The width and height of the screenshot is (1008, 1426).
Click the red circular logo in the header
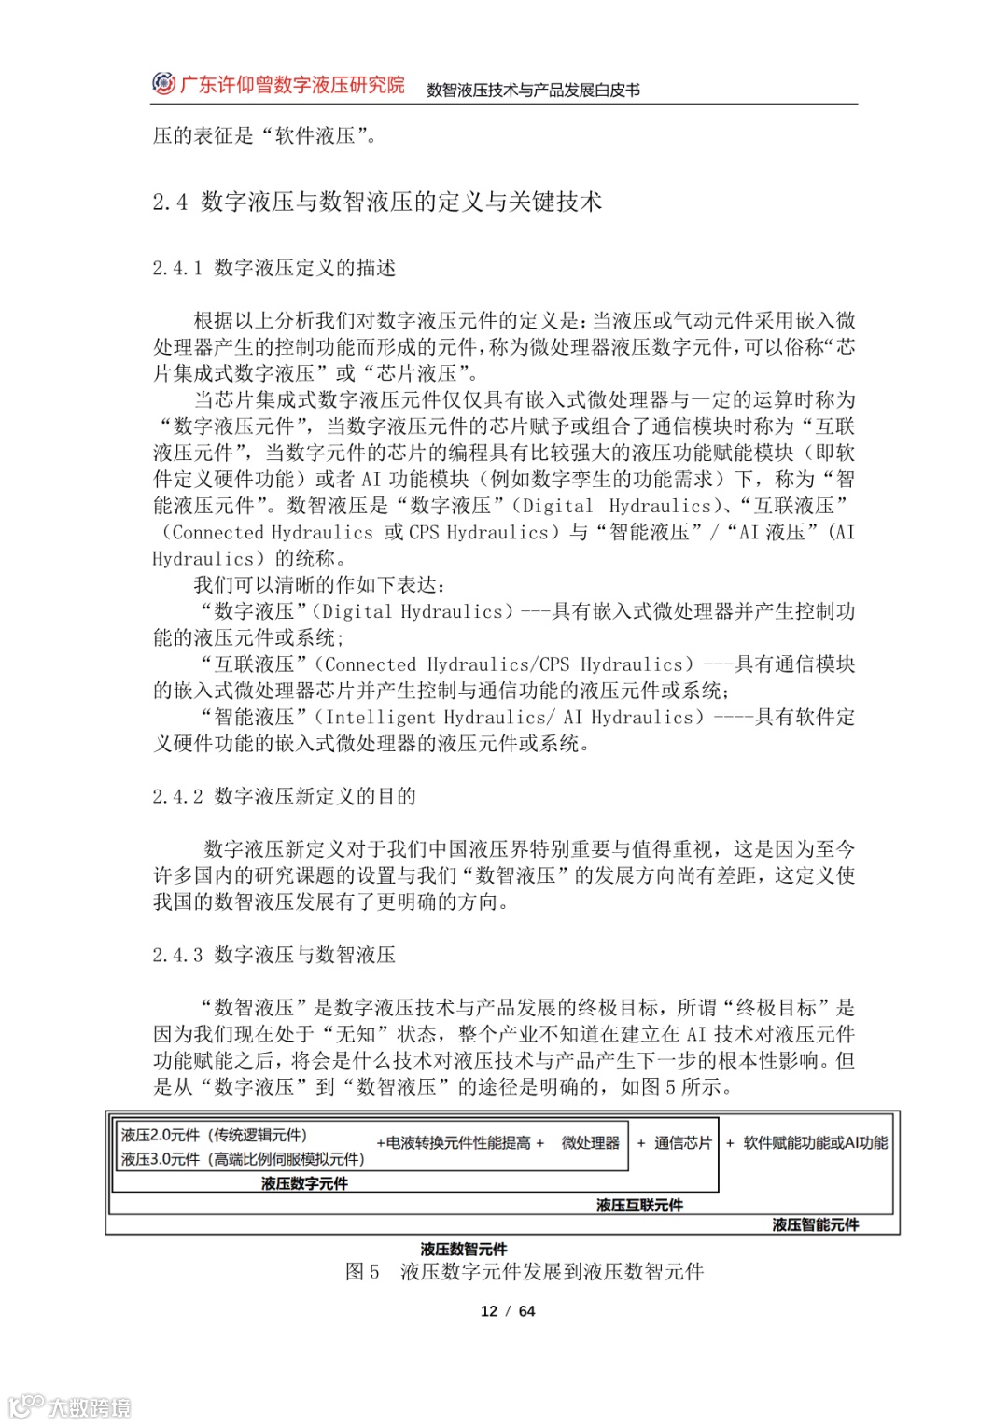pos(163,84)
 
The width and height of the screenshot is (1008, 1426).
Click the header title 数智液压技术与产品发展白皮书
pos(533,91)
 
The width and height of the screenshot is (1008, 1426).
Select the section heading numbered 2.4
pos(377,202)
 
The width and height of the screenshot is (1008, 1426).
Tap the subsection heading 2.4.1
pos(274,269)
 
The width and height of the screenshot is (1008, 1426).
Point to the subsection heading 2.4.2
pos(285,797)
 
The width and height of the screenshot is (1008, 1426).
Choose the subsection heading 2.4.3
pos(274,956)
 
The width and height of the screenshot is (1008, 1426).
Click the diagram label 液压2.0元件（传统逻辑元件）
pos(214,1136)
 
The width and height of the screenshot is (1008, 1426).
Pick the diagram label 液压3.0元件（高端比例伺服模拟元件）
pos(243,1159)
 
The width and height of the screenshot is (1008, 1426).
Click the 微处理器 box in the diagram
pos(590,1143)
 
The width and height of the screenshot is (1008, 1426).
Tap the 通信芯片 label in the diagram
pos(682,1143)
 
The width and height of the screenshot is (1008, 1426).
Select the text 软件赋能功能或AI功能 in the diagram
pos(815,1143)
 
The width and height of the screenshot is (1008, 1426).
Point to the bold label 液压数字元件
pos(304,1183)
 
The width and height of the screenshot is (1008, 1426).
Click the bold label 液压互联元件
pos(639,1206)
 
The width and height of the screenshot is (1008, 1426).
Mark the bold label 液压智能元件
pos(815,1224)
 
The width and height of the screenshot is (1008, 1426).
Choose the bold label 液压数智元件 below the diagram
pos(464,1249)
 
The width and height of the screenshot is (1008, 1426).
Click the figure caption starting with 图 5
pos(525,1272)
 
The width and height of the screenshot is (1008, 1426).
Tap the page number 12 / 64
pos(508,1311)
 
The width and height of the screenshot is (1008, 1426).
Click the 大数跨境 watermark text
pos(90,1407)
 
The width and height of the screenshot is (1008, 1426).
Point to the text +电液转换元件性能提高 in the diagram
pos(459,1143)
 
